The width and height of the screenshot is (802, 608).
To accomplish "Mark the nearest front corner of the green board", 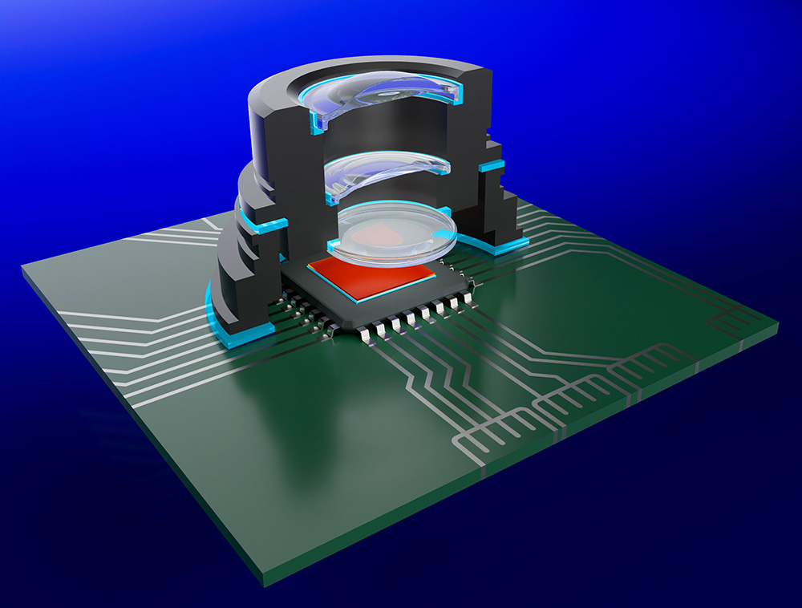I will (265, 576).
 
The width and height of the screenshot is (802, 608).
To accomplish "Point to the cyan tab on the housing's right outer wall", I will (492, 166).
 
